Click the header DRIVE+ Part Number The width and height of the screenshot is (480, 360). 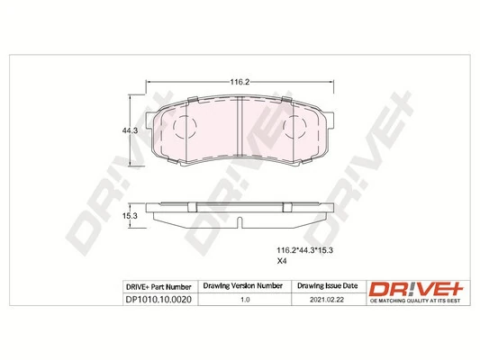(149, 285)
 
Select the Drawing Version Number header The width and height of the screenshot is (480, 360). (240, 285)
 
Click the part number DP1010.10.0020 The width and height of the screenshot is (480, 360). (149, 300)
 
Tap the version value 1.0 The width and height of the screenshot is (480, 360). (240, 300)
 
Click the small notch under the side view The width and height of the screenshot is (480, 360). (239, 220)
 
